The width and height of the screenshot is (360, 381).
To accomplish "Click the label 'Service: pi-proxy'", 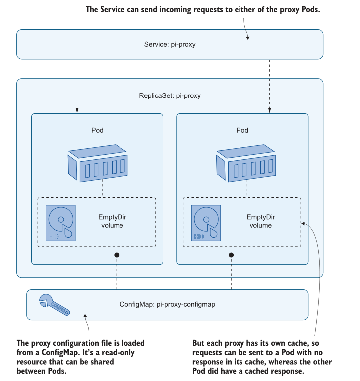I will [170, 44].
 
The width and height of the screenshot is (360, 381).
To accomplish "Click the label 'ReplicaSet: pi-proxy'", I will [170, 95].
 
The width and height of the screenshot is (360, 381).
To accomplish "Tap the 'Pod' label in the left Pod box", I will [97, 130].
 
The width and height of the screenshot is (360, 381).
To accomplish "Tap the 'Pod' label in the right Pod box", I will [242, 130].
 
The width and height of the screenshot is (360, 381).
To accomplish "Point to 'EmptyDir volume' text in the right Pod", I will [260, 221].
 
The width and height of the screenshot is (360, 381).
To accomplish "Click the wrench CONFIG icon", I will [53, 304].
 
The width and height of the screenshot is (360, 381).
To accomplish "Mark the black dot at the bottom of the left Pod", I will [117, 255].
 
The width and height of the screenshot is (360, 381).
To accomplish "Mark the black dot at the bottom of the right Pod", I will [231, 255].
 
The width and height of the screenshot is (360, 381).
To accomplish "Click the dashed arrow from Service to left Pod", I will [77, 85].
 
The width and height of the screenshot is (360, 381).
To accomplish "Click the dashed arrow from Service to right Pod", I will [269, 85].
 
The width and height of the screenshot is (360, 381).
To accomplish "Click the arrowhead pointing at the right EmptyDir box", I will [304, 224].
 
